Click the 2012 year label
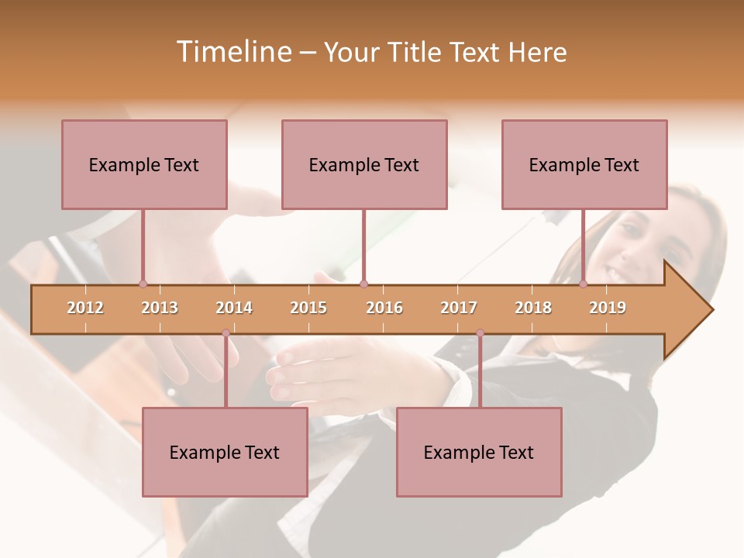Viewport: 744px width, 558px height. (x=85, y=308)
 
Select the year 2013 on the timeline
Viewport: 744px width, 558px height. (x=160, y=308)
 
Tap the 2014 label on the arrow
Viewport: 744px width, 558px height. (x=234, y=308)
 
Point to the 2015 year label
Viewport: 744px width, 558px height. (x=308, y=308)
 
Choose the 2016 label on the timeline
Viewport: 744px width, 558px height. (x=384, y=308)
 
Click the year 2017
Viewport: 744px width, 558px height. (x=459, y=308)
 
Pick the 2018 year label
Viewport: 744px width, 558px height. (x=533, y=308)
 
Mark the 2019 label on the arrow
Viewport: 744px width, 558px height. (x=608, y=308)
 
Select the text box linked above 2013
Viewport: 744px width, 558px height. (x=144, y=164)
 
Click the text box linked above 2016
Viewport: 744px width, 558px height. (x=364, y=164)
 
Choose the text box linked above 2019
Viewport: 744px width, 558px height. (x=584, y=164)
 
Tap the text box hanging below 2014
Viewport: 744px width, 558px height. (x=225, y=452)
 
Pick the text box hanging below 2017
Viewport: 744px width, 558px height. (x=479, y=452)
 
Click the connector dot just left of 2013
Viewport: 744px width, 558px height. (x=143, y=284)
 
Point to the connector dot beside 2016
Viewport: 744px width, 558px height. (x=364, y=284)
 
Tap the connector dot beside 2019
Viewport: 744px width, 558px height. (x=584, y=284)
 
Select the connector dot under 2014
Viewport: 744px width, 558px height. (x=226, y=333)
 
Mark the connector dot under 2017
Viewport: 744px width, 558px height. (x=480, y=333)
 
